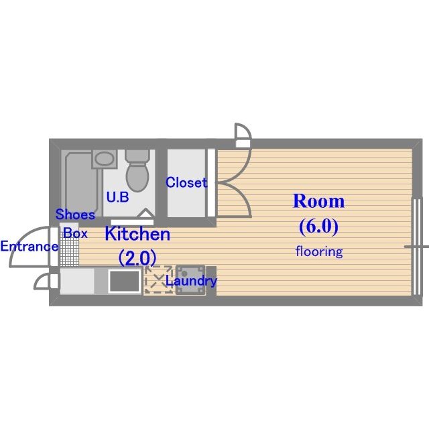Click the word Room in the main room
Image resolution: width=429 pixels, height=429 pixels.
click(318, 201)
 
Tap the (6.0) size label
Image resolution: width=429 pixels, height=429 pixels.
click(318, 226)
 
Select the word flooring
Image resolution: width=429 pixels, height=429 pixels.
click(319, 252)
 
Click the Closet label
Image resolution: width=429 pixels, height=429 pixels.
click(186, 182)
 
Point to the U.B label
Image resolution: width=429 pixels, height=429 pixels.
click(118, 198)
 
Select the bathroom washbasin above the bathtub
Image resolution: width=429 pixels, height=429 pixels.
click(103, 160)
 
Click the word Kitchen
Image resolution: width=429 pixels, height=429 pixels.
click(137, 235)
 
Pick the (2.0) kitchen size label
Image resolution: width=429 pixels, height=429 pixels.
click(137, 257)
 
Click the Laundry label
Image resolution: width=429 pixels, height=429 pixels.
click(191, 282)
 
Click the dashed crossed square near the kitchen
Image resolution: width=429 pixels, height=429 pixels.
click(158, 280)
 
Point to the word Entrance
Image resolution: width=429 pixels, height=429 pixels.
click(29, 246)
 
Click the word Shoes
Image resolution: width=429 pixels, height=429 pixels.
click(75, 215)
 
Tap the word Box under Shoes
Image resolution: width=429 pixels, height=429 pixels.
click(75, 233)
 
